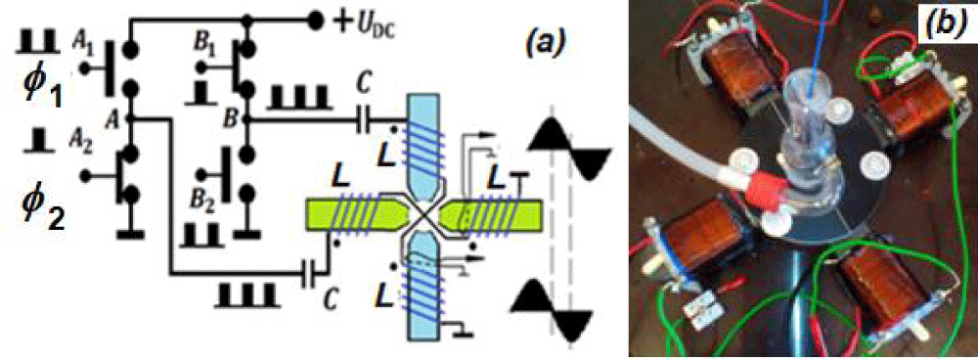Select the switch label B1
204,49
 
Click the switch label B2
203,203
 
